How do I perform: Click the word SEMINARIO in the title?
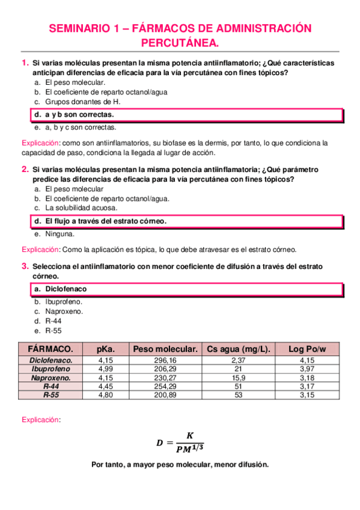point(76,28)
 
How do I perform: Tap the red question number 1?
point(24,63)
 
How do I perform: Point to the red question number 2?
point(24,169)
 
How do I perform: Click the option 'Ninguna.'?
point(59,233)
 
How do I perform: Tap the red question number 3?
point(24,266)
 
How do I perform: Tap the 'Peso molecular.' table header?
point(165,349)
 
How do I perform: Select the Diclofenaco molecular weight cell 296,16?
point(165,360)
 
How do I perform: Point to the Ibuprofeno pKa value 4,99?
point(105,368)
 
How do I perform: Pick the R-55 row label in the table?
point(50,395)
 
